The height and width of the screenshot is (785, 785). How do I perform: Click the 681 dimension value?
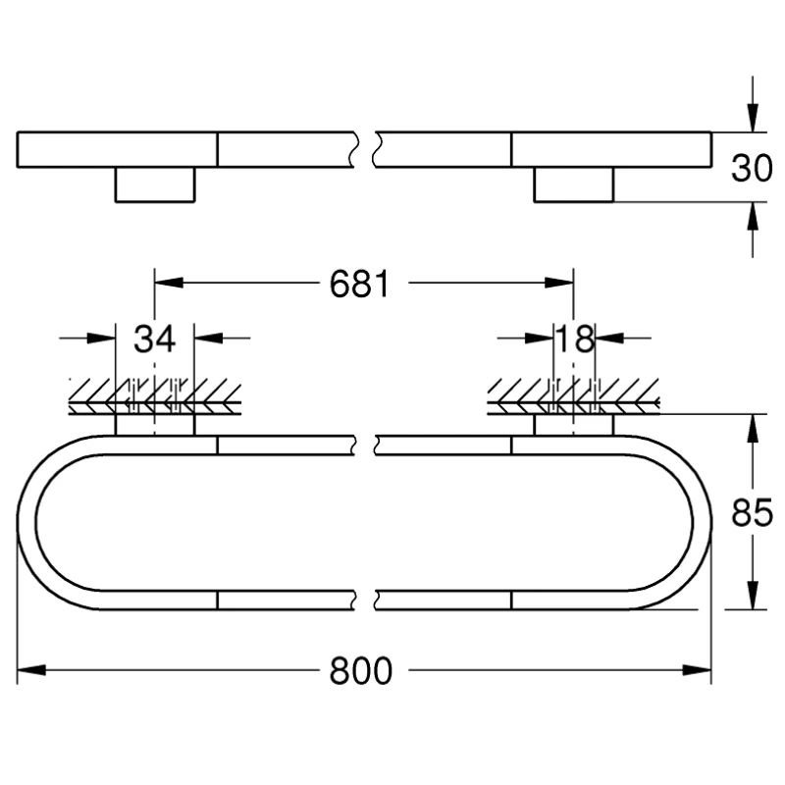[x=359, y=284]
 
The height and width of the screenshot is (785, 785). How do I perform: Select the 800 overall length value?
[x=360, y=671]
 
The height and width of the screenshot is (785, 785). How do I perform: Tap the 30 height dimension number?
[x=752, y=168]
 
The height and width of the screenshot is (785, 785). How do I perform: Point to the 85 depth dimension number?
[x=752, y=512]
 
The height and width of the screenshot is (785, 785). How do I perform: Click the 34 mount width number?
[x=154, y=339]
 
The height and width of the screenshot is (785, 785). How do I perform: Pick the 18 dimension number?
[x=575, y=339]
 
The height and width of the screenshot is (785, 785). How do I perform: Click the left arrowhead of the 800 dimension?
[x=31, y=670]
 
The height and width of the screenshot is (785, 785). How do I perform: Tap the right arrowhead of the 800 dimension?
[x=697, y=670]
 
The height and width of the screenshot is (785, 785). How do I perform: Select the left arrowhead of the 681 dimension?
[x=169, y=283]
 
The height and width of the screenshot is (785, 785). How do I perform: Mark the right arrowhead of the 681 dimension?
[x=559, y=283]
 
